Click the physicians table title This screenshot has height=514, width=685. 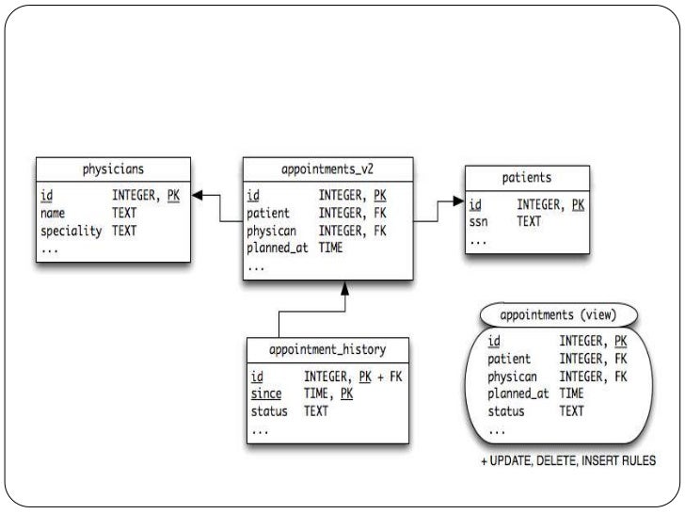pos(112,171)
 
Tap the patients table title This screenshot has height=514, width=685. pos(526,177)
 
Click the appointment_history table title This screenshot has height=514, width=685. pos(327,349)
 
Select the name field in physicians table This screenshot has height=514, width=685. pos(53,214)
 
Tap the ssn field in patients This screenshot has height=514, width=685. pos(479,221)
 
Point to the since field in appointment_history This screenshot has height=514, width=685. pos(265,394)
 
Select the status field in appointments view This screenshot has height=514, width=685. pos(505,411)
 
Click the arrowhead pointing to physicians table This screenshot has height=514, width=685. pos(199,196)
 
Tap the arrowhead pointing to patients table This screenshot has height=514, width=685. pos(458,200)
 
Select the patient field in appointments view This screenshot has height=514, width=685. pos(509,359)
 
